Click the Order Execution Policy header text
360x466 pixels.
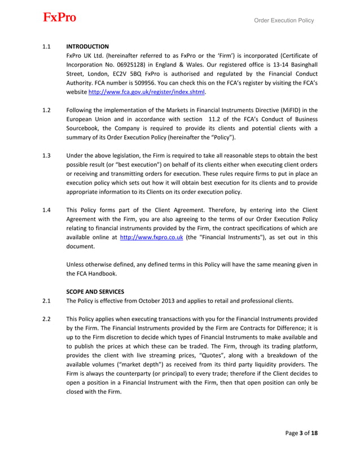[x=284, y=21]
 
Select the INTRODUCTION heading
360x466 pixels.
[x=87, y=46]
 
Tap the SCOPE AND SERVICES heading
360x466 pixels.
[x=95, y=291]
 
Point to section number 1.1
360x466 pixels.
[x=47, y=46]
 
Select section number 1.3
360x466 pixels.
[x=47, y=155]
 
